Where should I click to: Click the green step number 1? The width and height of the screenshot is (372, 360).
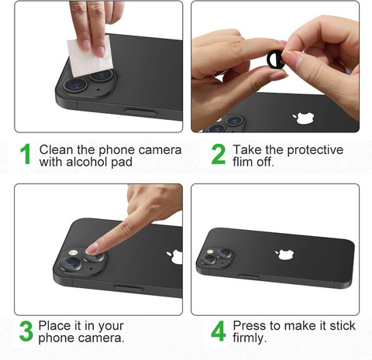[x=26, y=154]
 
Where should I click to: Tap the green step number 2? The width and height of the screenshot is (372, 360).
[x=219, y=154]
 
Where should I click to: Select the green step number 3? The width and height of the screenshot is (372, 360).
[x=26, y=331]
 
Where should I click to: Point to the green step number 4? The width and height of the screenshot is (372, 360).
[x=219, y=331]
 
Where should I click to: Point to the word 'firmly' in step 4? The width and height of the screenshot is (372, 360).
[x=249, y=338]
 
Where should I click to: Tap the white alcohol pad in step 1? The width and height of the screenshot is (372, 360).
[x=89, y=57]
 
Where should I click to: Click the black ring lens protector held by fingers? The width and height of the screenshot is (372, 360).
[x=276, y=60]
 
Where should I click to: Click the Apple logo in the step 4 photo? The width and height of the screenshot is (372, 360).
[x=285, y=254]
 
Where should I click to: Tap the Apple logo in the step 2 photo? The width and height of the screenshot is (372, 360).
[x=303, y=118]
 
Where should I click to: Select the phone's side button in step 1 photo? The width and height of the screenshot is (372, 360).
[x=140, y=112]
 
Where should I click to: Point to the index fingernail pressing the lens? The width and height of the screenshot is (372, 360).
[x=92, y=249]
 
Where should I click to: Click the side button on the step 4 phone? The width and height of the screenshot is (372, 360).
[x=248, y=276]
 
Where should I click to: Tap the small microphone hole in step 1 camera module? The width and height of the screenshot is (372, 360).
[x=98, y=90]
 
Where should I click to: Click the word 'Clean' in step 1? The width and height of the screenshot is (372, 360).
[x=54, y=150]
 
